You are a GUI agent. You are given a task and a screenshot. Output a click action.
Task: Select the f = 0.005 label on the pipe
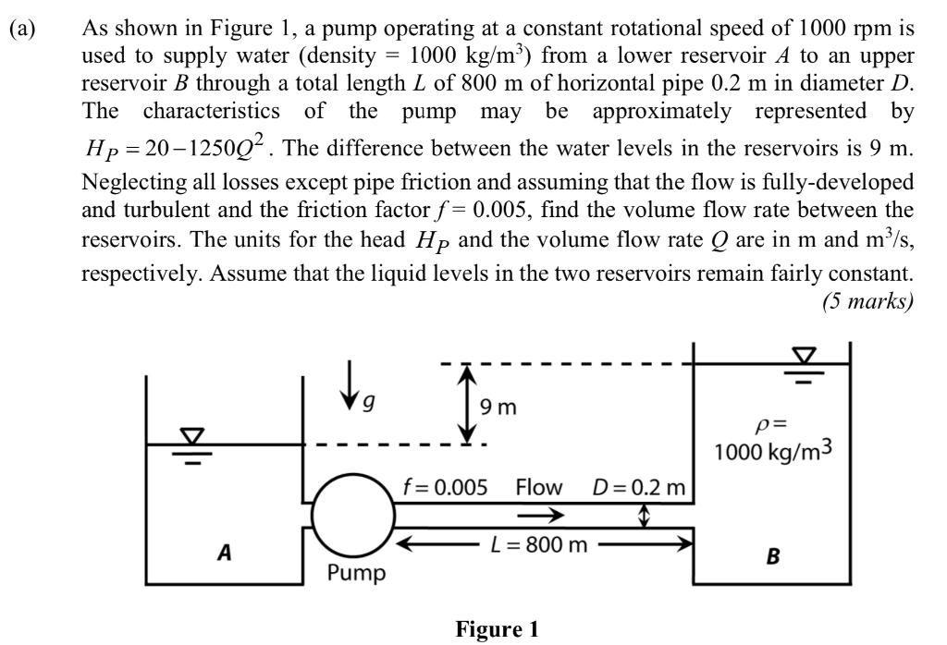pyautogui.click(x=444, y=487)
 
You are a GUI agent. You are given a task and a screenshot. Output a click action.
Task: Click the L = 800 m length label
pyautogui.click(x=538, y=544)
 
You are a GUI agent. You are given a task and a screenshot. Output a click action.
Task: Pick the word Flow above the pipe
pyautogui.click(x=541, y=487)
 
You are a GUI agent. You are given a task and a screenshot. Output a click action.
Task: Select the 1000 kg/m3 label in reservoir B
pyautogui.click(x=773, y=453)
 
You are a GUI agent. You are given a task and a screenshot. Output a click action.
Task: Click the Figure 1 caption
pyautogui.click(x=496, y=629)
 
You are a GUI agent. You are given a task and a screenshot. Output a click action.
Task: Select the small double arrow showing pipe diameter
pyautogui.click(x=646, y=515)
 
